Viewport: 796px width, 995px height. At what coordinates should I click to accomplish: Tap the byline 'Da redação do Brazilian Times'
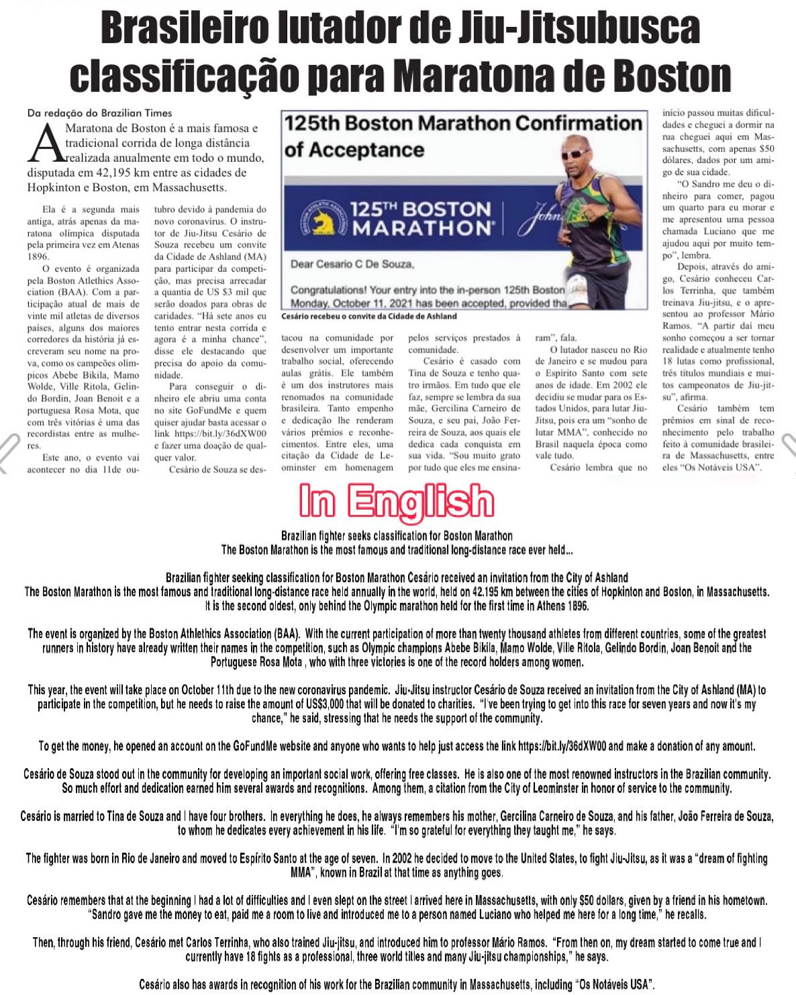pos(99,113)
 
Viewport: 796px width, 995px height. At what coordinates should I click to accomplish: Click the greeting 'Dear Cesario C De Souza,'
pos(352,265)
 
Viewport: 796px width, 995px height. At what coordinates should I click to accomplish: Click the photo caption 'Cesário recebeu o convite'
pos(370,316)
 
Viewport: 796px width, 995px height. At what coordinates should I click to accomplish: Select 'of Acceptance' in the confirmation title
pos(354,149)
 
